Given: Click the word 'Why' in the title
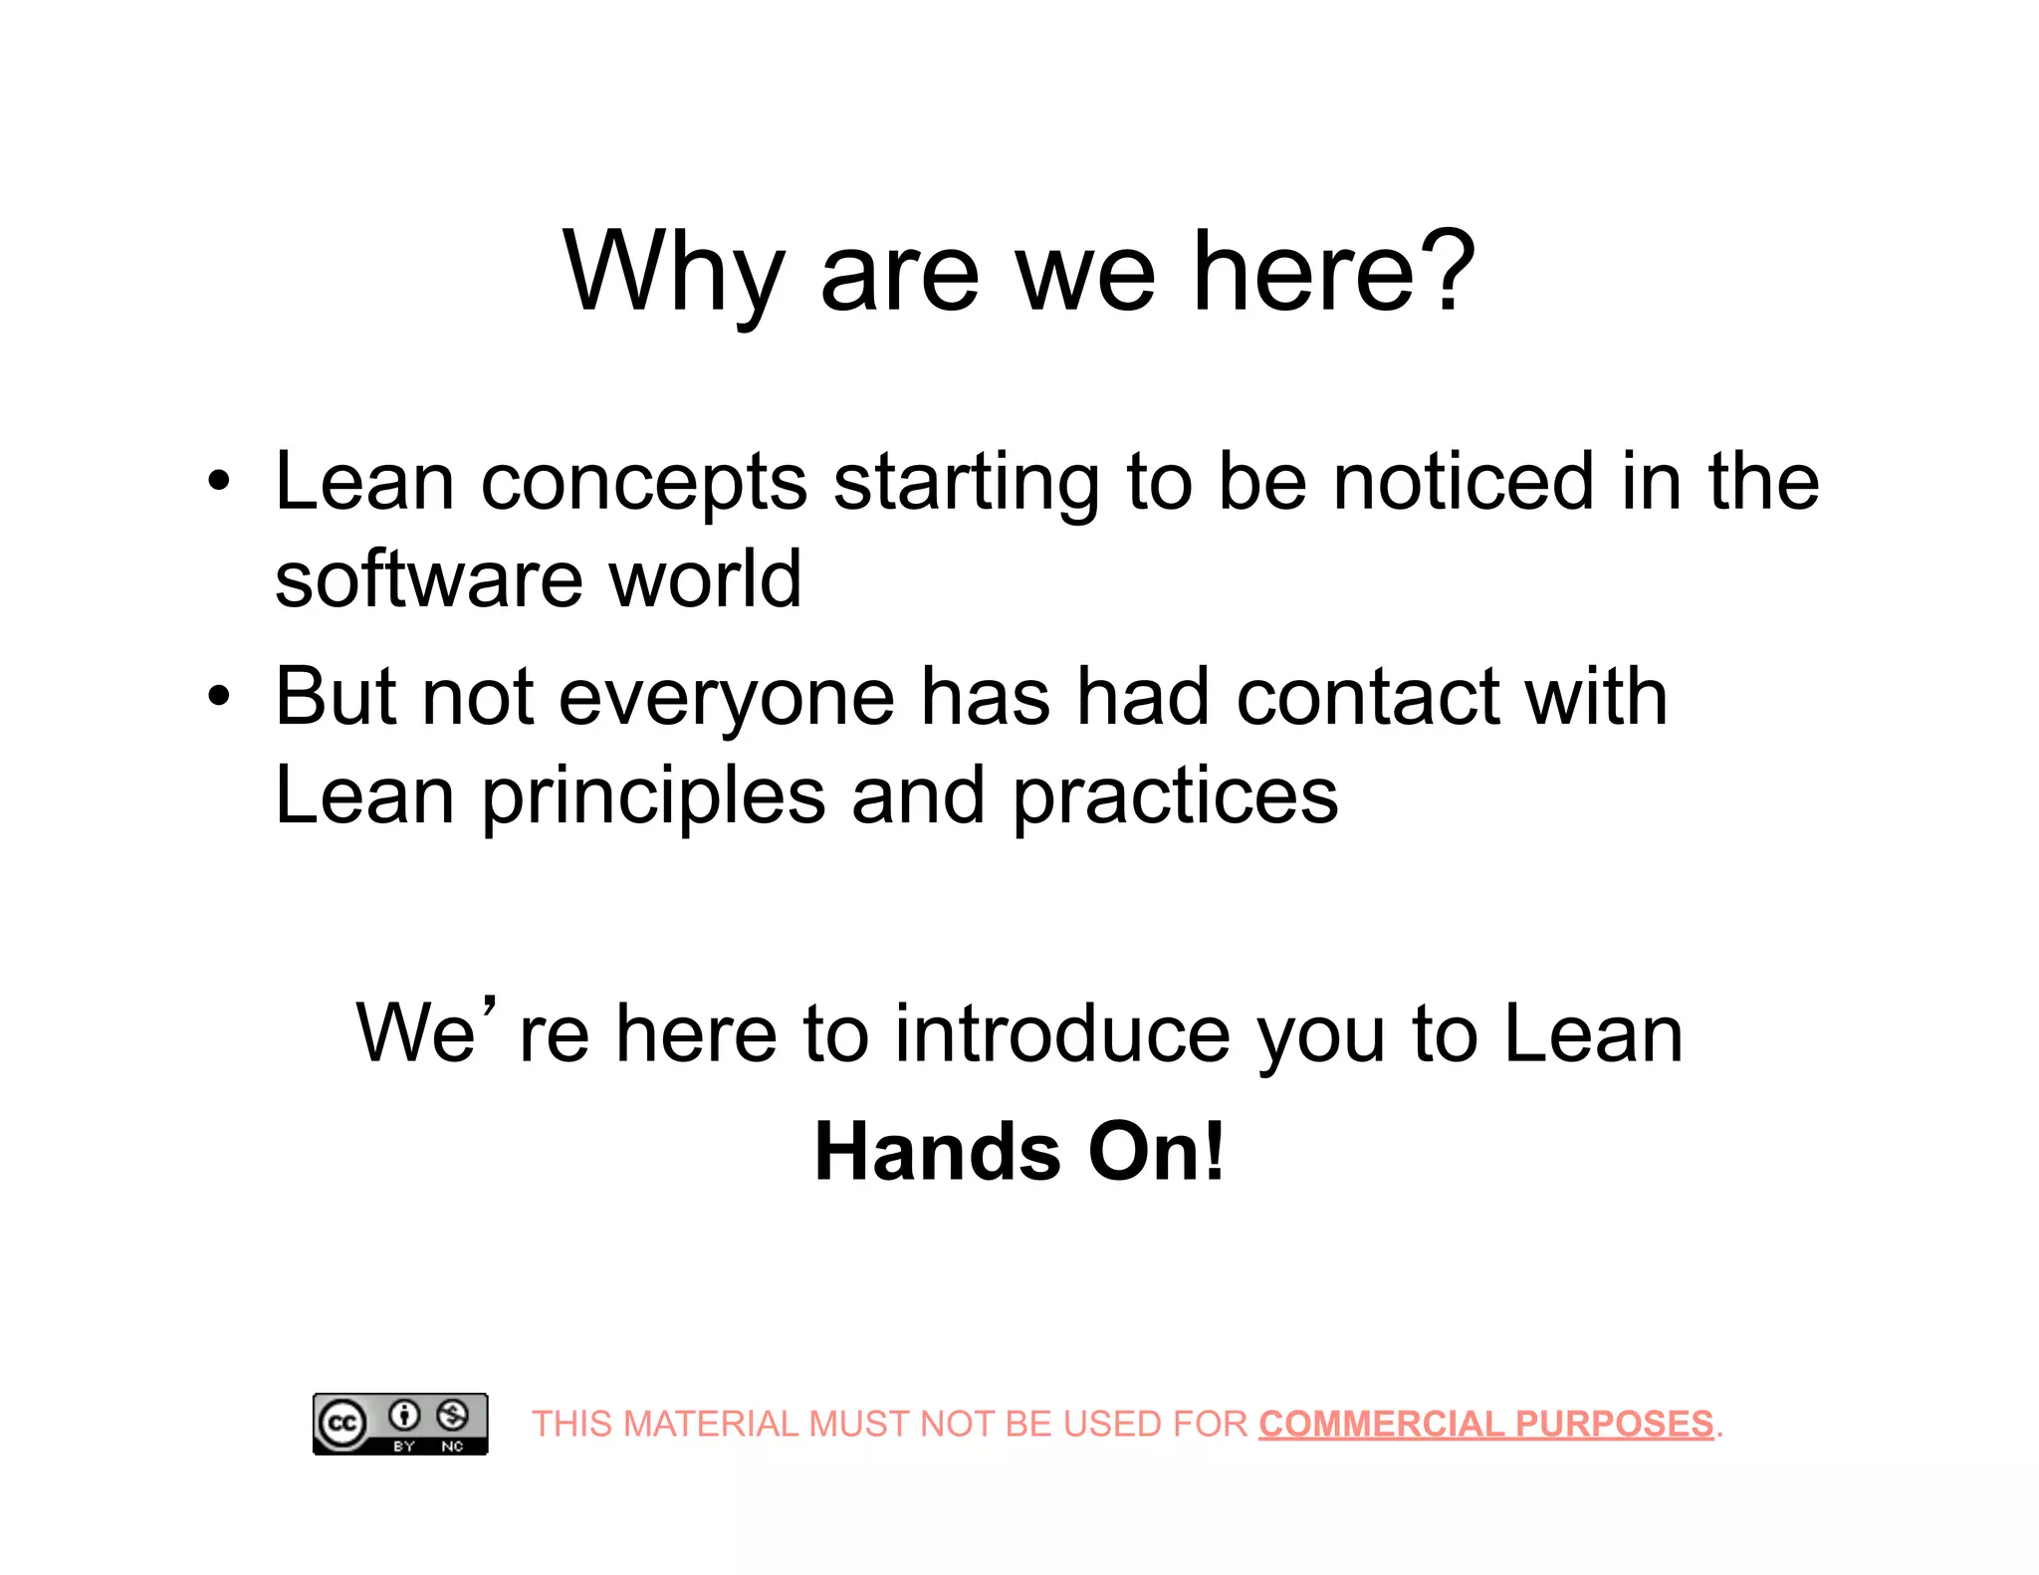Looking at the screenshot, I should [674, 274].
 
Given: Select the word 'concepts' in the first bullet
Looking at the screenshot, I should [643, 485].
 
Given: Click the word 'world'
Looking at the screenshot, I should [705, 579].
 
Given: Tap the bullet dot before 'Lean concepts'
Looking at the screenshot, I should [219, 483].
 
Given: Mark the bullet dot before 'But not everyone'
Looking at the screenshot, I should [219, 697].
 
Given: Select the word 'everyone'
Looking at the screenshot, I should [726, 700].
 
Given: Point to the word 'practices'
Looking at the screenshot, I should [1175, 796].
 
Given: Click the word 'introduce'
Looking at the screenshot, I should [1061, 1034].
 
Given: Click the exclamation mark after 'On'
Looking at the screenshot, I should [1214, 1151].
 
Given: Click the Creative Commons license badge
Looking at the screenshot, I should [400, 1424].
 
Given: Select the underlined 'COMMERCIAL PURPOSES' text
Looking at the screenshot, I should [1485, 1424].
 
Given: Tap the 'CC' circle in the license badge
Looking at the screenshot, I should [342, 1423].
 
